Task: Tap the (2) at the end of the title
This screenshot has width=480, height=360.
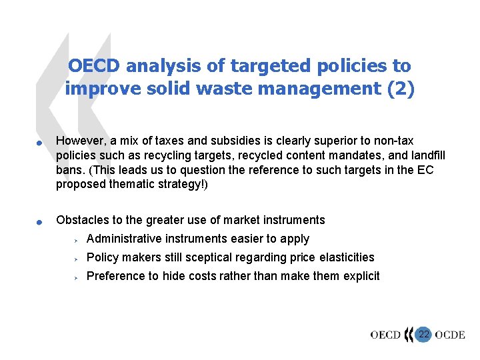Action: (x=400, y=89)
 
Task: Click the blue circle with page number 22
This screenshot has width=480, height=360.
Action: (x=423, y=334)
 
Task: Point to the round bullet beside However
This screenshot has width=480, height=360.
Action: (x=40, y=142)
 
